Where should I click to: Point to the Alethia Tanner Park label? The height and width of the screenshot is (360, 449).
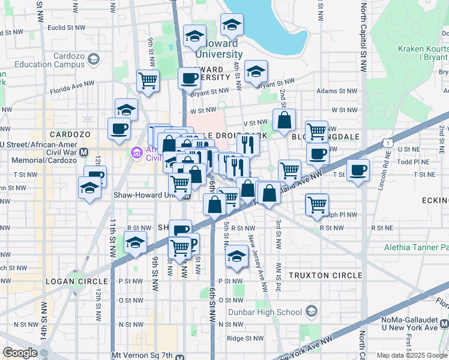[417, 247]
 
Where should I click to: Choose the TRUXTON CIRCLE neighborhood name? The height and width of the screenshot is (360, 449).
[325, 275]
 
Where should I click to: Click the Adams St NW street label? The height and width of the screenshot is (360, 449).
[334, 91]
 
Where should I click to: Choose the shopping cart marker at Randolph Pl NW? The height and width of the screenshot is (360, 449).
[316, 205]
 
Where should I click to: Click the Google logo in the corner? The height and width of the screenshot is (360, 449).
[20, 353]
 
